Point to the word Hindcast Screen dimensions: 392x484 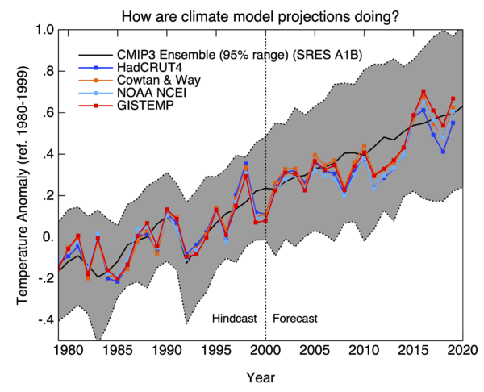[234, 319]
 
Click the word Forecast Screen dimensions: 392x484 [295, 319]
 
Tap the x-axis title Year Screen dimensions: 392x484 [261, 376]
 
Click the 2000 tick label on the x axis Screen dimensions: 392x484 [265, 352]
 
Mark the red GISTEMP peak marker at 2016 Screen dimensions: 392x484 [423, 91]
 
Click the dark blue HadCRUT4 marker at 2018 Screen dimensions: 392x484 [443, 151]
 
